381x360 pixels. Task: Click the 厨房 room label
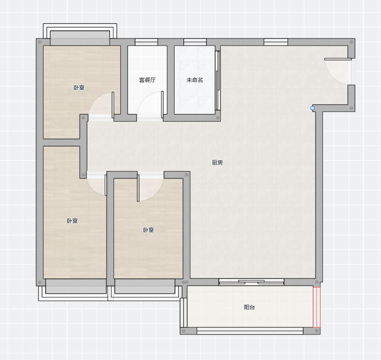[x=217, y=163]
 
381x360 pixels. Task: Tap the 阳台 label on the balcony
[x=249, y=307]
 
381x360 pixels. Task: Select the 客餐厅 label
[x=147, y=80]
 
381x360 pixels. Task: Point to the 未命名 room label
[x=194, y=80]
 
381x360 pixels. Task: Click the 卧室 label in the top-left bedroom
[x=79, y=88]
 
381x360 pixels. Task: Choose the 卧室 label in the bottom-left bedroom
[x=72, y=221]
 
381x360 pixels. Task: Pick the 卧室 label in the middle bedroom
[x=148, y=230]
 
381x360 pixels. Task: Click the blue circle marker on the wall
[x=313, y=108]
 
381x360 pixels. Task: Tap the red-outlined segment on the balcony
[x=317, y=307]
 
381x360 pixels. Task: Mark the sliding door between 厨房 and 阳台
[x=251, y=282]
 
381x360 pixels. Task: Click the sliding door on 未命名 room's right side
[x=218, y=80]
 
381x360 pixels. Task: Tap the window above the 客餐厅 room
[x=147, y=42]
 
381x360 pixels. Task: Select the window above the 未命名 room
[x=195, y=42]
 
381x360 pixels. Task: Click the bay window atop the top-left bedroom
[x=80, y=35]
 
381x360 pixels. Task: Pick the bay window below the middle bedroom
[x=145, y=290]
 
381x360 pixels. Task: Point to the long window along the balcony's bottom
[x=250, y=331]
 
